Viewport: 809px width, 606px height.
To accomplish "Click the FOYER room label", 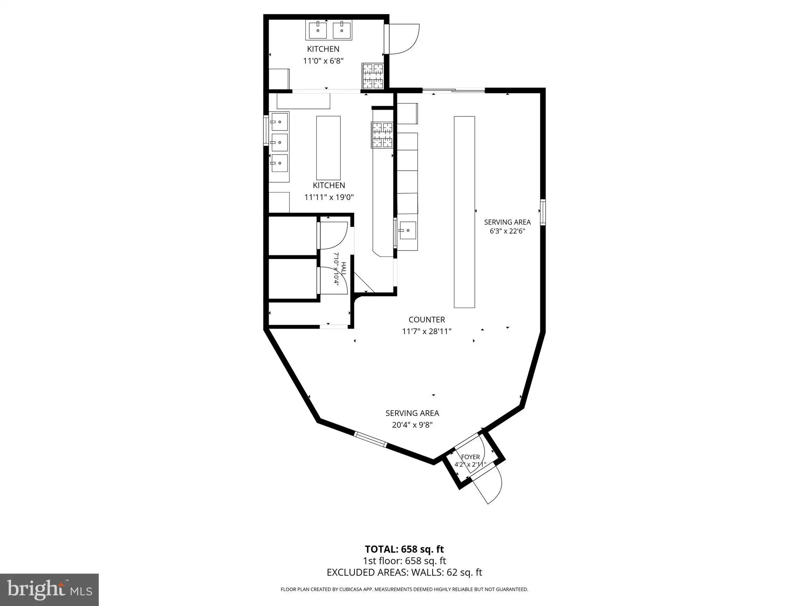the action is (x=470, y=457).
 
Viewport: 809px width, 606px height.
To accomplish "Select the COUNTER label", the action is (x=427, y=320).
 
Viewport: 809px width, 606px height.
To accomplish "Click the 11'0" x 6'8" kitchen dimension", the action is (x=324, y=61).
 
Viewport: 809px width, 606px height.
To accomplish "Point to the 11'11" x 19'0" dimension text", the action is (x=329, y=197).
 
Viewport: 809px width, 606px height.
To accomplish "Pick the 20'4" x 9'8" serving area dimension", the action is (x=412, y=425).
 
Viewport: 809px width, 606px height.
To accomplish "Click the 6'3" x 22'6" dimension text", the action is (x=507, y=231).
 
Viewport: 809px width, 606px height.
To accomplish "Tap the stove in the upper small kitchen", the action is (x=373, y=76).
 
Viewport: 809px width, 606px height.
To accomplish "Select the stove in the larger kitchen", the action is (x=382, y=135).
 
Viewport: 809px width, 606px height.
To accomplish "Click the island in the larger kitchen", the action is (x=328, y=148).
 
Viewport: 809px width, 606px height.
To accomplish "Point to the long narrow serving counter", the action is (x=464, y=212).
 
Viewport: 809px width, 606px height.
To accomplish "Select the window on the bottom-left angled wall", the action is (x=371, y=440).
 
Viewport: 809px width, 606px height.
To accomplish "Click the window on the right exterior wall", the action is (x=543, y=212).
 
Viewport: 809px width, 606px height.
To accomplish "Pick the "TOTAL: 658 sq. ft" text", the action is (x=404, y=549).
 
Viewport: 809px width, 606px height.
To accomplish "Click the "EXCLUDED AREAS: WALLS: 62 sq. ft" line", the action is (x=404, y=572).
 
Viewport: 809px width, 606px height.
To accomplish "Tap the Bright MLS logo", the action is (x=49, y=589).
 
